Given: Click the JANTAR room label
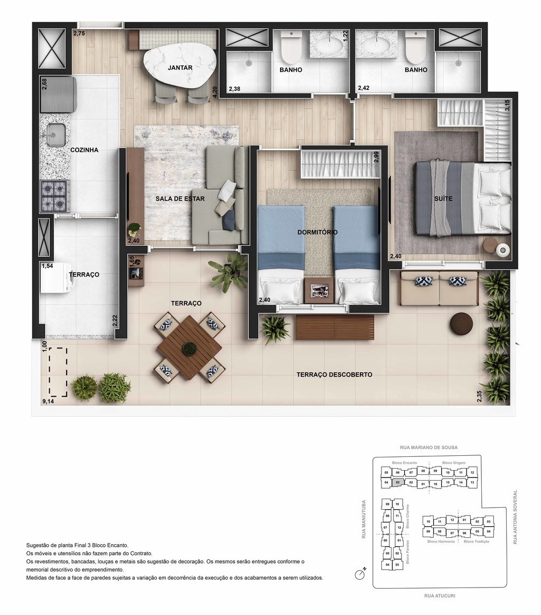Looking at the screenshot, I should point(180,68).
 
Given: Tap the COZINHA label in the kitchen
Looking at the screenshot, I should point(85,150).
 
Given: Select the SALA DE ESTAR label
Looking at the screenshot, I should point(180,199).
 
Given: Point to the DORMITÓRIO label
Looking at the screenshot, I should point(318,232).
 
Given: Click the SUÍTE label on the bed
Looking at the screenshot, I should point(443,199).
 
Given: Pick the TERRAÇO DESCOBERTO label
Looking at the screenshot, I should point(334,374).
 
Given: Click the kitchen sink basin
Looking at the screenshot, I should point(55,134).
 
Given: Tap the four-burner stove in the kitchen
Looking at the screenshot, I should point(55,196).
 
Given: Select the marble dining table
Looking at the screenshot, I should point(180,66).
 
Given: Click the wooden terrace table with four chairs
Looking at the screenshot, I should point(189,348).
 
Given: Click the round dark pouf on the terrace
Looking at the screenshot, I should point(462,323).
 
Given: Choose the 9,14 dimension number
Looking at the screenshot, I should point(48,401).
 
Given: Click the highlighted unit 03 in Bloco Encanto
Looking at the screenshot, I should point(398,482).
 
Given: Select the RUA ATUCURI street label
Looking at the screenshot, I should point(440,595).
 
